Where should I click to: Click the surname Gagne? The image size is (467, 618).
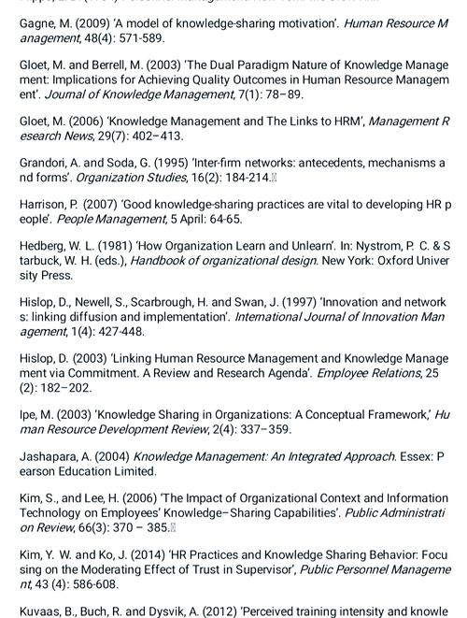pyautogui.click(x=40, y=23)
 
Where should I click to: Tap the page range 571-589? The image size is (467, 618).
pyautogui.click(x=137, y=38)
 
